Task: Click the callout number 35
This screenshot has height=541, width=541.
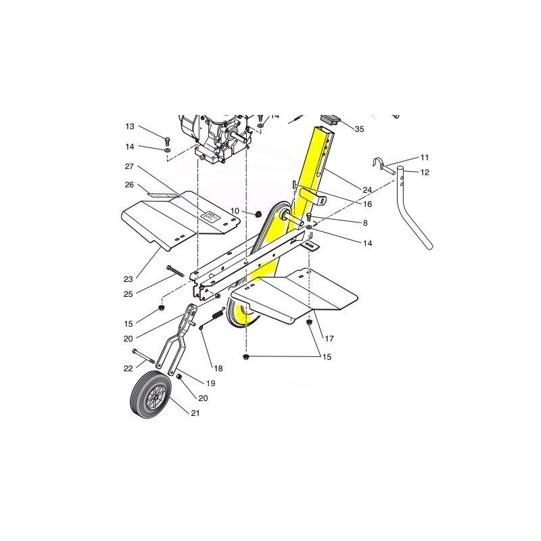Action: [x=359, y=129]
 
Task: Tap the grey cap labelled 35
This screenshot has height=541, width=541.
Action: [x=331, y=120]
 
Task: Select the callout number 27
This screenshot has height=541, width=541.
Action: [x=129, y=166]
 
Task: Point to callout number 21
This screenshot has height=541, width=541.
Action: [x=195, y=413]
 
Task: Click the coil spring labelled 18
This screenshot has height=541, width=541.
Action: [x=212, y=319]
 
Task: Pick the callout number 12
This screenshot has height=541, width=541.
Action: [x=425, y=172]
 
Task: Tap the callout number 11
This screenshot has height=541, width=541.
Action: [x=425, y=158]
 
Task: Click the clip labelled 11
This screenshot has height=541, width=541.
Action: [x=383, y=165]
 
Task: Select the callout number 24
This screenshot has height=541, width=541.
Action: [x=367, y=190]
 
